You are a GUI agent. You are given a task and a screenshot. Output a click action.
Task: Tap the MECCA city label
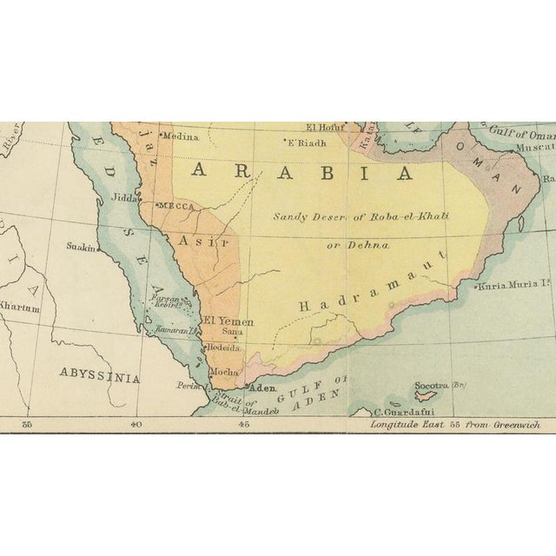[176, 206]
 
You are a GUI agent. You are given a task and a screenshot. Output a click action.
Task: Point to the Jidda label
[124, 198]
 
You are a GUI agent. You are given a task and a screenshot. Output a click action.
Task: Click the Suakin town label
[81, 247]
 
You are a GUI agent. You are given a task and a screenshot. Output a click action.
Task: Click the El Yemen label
[228, 321]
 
